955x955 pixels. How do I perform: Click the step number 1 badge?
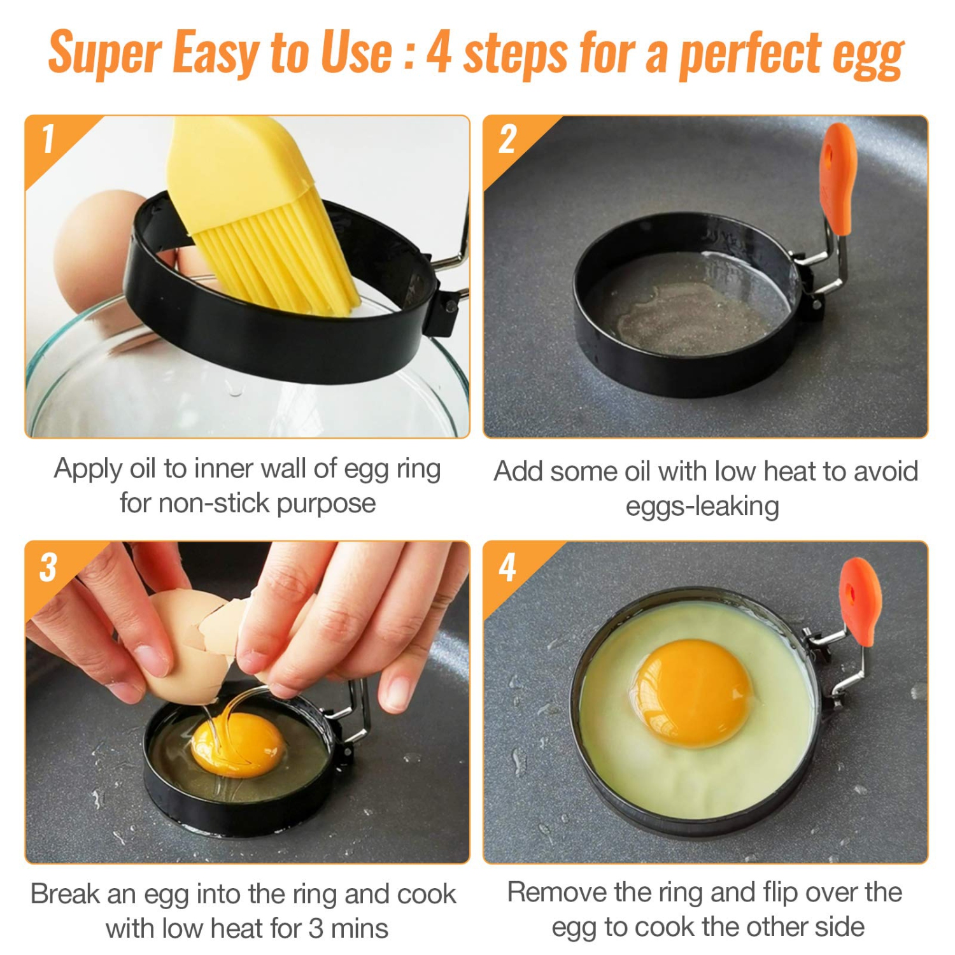(x=48, y=139)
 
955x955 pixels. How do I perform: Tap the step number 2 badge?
(x=507, y=139)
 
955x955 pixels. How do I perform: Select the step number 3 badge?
(x=48, y=567)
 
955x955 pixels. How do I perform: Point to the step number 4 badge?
(x=507, y=567)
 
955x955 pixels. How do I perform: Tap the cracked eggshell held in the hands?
(x=191, y=643)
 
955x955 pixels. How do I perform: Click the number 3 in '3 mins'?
(x=316, y=928)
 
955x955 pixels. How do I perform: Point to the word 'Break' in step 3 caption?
(x=64, y=894)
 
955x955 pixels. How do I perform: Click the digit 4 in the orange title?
(x=439, y=52)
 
